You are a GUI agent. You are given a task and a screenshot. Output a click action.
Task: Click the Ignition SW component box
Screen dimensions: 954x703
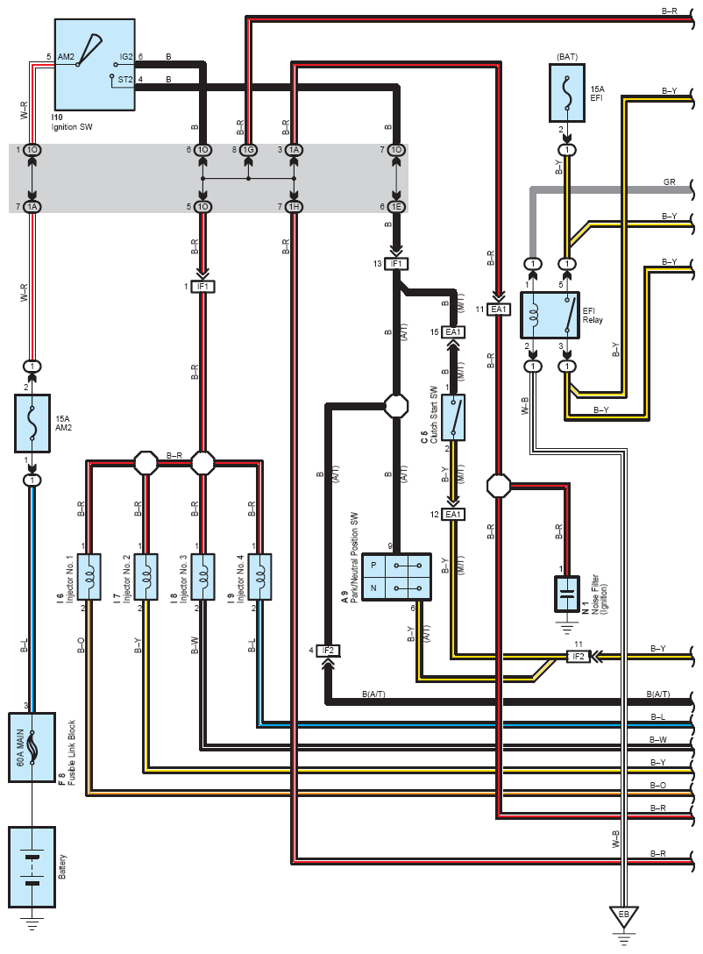coord(95,64)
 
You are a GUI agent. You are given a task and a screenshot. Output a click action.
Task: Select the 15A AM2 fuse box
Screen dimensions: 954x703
coord(32,423)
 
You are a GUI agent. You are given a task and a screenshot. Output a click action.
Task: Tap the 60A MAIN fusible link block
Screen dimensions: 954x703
coord(32,747)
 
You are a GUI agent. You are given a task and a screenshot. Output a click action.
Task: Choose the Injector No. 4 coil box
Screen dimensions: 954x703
coord(260,576)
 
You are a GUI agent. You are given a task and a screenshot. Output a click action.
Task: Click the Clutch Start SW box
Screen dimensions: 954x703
coord(453,416)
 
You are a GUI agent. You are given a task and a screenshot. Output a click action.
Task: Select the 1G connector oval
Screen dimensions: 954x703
coord(249,151)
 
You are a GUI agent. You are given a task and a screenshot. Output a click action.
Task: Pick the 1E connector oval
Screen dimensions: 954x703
coord(397,206)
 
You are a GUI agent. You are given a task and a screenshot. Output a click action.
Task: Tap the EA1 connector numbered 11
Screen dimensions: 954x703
coord(499,309)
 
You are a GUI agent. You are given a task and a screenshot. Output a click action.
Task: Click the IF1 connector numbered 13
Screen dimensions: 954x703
coord(397,263)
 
